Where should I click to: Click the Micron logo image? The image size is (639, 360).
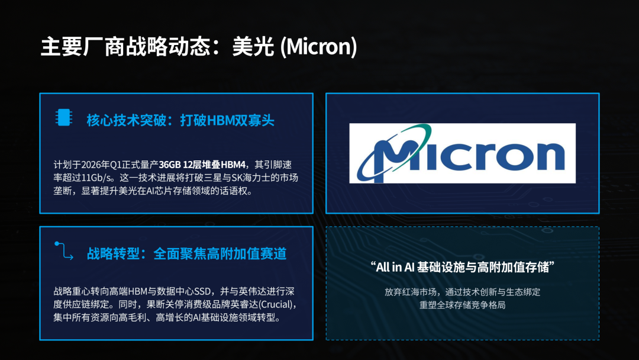point(463,153)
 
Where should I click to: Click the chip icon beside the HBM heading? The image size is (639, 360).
point(64,117)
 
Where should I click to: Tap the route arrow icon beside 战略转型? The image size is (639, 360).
point(64,250)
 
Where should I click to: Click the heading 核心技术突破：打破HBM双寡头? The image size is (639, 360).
point(180,120)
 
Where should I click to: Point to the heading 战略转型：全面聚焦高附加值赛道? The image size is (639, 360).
point(186,253)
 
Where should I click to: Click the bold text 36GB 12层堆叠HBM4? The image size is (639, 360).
point(202,165)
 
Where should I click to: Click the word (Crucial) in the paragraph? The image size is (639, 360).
point(275,304)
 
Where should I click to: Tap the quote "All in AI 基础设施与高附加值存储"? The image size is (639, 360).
point(463,268)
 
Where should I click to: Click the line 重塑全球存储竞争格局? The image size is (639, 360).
point(463,305)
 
